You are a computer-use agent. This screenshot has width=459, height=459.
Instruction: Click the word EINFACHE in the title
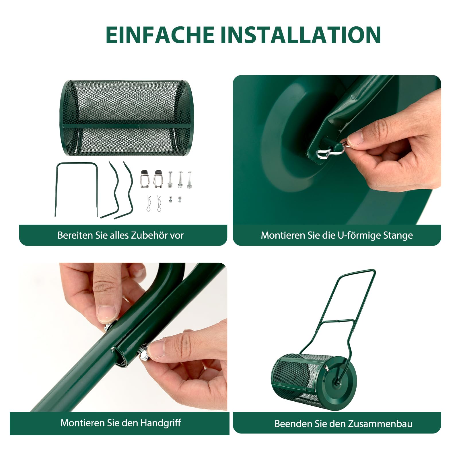(x=160, y=35)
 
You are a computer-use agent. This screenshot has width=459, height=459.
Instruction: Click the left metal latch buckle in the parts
(x=145, y=179)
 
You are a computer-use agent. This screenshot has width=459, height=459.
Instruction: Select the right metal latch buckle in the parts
(x=158, y=179)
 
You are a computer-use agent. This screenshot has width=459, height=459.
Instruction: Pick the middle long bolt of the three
(x=180, y=180)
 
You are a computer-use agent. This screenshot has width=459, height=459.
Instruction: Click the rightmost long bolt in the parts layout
(x=189, y=180)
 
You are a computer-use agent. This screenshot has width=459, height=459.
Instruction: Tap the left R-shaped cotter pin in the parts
(x=149, y=203)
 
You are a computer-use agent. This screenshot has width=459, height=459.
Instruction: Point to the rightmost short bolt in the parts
(x=180, y=199)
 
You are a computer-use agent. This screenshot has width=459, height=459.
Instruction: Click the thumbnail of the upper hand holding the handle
(x=106, y=313)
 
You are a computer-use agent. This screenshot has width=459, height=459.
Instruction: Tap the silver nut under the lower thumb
(x=144, y=353)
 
